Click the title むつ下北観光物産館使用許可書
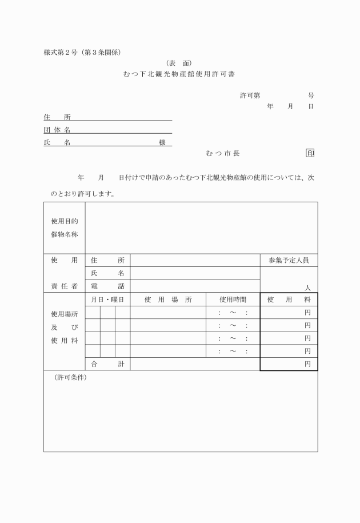(180, 74)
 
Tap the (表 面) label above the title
(180, 63)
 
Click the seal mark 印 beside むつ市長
(310, 153)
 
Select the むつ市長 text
(223, 153)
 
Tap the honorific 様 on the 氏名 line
(162, 143)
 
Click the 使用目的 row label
(64, 221)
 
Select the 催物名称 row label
(64, 234)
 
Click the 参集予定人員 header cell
(289, 260)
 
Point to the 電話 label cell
(107, 286)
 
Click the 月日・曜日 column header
(107, 300)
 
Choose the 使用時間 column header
(233, 300)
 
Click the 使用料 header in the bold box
(289, 300)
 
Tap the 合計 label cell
(107, 364)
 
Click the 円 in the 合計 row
(307, 364)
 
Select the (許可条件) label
(67, 378)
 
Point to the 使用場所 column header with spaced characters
(167, 300)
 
